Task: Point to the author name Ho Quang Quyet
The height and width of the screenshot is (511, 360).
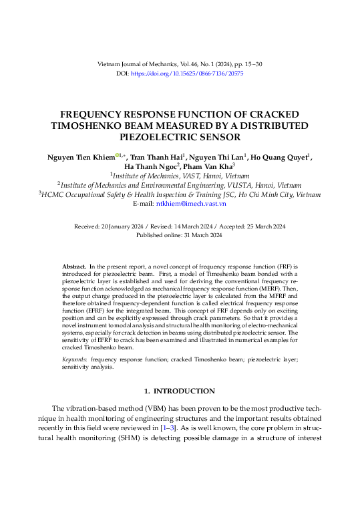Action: point(281,157)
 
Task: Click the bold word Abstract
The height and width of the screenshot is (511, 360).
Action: point(73,266)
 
